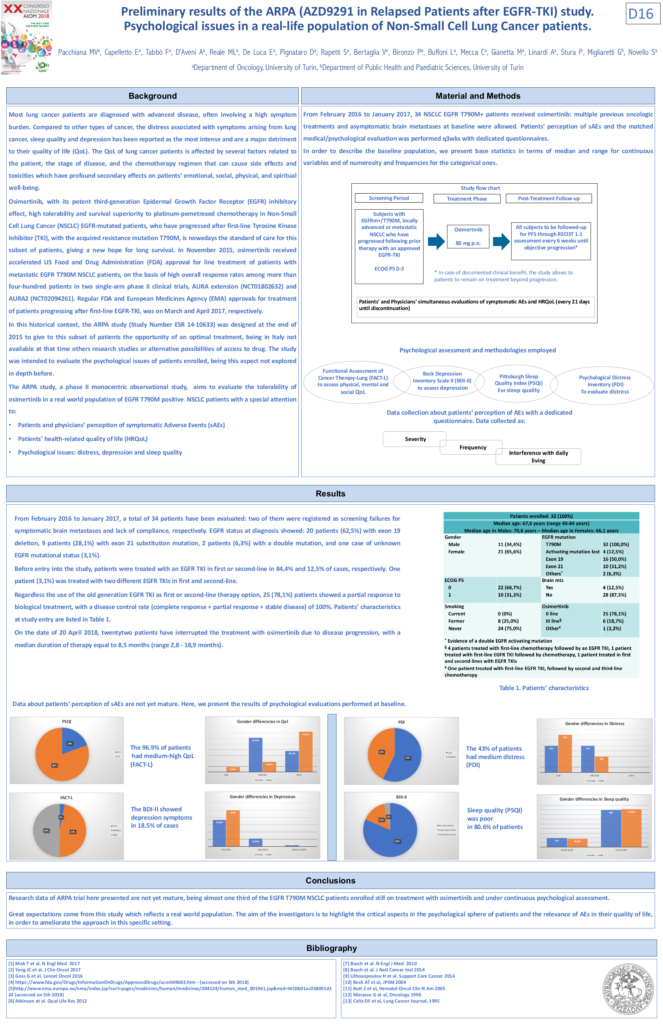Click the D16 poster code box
pyautogui.click(x=640, y=14)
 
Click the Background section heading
pyautogui.click(x=152, y=96)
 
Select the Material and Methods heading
pyautogui.click(x=478, y=96)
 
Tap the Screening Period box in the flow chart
pyautogui.click(x=389, y=198)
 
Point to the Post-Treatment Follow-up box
pyautogui.click(x=549, y=199)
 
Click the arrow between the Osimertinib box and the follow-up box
pyautogui.click(x=501, y=241)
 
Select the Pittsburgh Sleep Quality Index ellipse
pyautogui.click(x=518, y=384)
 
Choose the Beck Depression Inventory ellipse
pyautogui.click(x=442, y=381)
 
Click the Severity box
pyautogui.click(x=415, y=439)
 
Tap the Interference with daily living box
pyautogui.click(x=538, y=457)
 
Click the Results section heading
pyautogui.click(x=330, y=494)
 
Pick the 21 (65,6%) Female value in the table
pyautogui.click(x=509, y=552)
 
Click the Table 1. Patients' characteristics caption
pyautogui.click(x=544, y=688)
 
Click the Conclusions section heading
pyautogui.click(x=330, y=880)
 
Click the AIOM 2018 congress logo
pyautogui.click(x=27, y=37)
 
